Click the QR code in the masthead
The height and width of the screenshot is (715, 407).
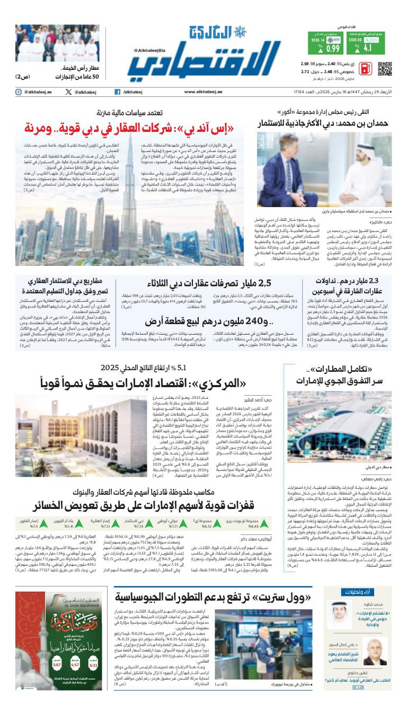pyautogui.click(x=385, y=69)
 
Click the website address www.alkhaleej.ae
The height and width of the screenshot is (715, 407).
pyautogui.click(x=203, y=92)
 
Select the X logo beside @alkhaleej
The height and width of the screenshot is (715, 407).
pyautogui.click(x=68, y=92)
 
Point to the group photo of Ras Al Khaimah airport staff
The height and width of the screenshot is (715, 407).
pyautogui.click(x=47, y=42)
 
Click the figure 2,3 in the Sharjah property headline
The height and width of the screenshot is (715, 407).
pyautogui.click(x=381, y=282)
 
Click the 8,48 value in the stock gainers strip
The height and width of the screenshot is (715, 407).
pyautogui.click(x=254, y=526)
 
